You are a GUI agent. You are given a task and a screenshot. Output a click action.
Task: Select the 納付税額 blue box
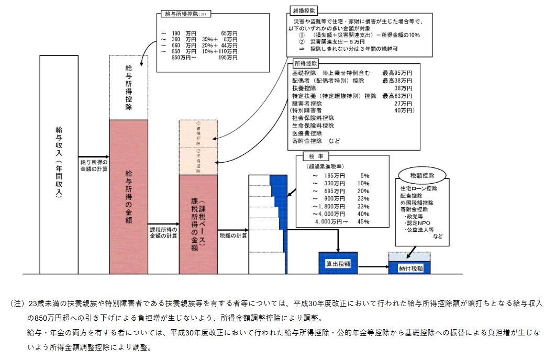[x=410, y=268]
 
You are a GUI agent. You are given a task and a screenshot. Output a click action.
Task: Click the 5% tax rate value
[x=365, y=176]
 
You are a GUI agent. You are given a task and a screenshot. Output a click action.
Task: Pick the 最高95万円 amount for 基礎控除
[x=397, y=73]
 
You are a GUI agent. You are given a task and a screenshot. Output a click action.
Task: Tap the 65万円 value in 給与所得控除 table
[x=229, y=32]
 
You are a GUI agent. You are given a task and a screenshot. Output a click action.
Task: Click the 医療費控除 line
[x=307, y=133]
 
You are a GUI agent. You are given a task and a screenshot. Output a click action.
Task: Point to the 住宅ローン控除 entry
[x=419, y=188]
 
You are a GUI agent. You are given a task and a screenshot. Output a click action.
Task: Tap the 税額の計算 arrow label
[x=233, y=235]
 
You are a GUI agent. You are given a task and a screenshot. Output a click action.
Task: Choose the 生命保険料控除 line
[x=313, y=126]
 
